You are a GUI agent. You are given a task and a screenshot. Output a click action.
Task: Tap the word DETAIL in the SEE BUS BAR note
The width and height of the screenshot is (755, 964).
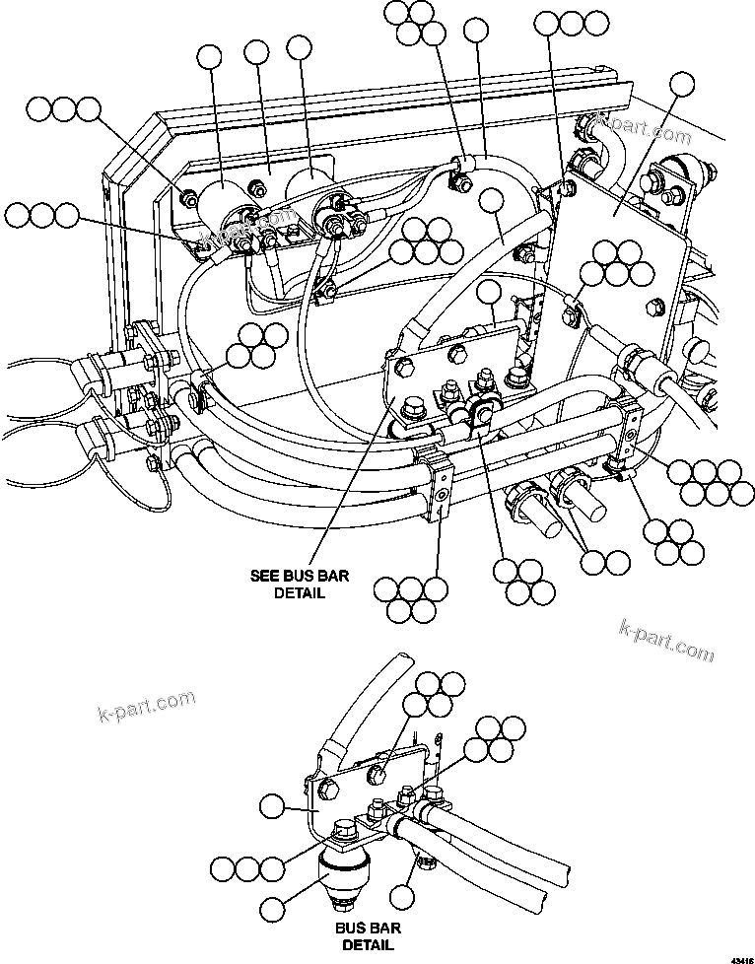coord(300,593)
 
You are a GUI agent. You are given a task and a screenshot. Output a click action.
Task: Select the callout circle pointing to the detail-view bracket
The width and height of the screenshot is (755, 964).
coord(272,808)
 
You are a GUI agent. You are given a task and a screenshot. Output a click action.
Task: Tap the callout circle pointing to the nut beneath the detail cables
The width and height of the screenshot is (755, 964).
coord(400,897)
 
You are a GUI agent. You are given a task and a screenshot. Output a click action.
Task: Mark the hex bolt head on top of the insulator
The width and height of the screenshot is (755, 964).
coord(345,831)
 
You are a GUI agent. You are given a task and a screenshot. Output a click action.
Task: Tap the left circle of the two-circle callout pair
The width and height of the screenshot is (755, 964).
coord(593,563)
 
